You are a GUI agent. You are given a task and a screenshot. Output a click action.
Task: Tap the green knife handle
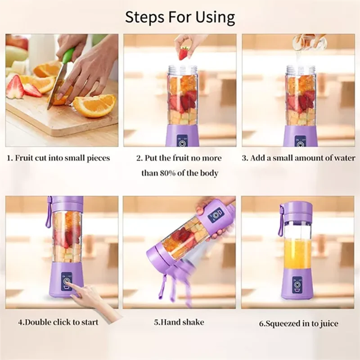pyautogui.click(x=68, y=56)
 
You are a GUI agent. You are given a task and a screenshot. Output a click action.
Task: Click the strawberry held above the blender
pyautogui.click(x=184, y=53)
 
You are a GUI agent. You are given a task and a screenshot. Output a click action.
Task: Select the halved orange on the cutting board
pyautogui.click(x=94, y=105)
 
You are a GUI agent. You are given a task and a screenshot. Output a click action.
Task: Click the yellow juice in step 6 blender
pyautogui.click(x=297, y=254)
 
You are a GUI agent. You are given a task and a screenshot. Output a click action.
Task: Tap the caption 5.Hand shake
pyautogui.click(x=179, y=322)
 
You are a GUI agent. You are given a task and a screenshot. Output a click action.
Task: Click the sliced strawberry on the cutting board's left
pyautogui.click(x=15, y=87)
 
